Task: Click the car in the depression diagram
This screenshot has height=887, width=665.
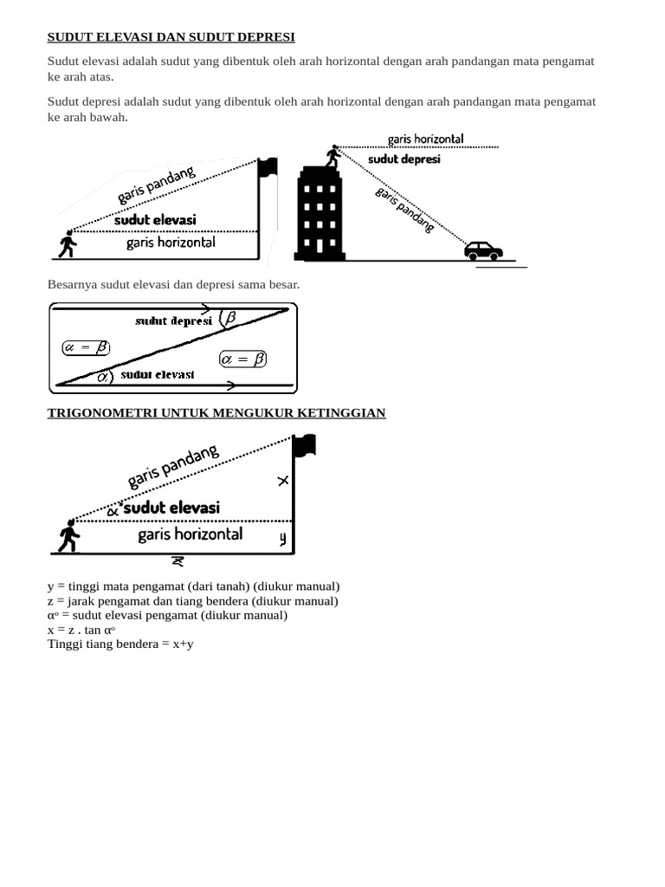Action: point(483,250)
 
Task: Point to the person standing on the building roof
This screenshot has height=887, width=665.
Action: point(332,157)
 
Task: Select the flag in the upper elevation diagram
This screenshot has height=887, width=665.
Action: point(268,167)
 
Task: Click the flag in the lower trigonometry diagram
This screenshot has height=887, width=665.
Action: point(304,446)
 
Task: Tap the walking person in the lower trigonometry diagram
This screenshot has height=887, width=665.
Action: point(68,537)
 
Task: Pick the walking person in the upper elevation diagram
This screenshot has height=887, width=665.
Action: point(67,244)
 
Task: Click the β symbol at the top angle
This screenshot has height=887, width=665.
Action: point(229,318)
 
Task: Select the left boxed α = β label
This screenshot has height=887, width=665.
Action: point(86,347)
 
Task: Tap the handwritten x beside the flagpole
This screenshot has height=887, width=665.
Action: point(283,481)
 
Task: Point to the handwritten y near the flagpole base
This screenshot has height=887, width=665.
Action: point(283,540)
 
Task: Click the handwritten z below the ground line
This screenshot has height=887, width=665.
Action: point(178,561)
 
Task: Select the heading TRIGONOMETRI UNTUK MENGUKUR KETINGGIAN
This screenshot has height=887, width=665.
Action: point(216,413)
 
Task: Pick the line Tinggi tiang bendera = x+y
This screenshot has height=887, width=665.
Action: point(120,644)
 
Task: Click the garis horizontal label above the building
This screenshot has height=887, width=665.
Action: point(425,139)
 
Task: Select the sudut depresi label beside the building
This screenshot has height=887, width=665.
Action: point(404,159)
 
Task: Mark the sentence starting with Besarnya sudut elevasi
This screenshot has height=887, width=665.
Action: point(173,284)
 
